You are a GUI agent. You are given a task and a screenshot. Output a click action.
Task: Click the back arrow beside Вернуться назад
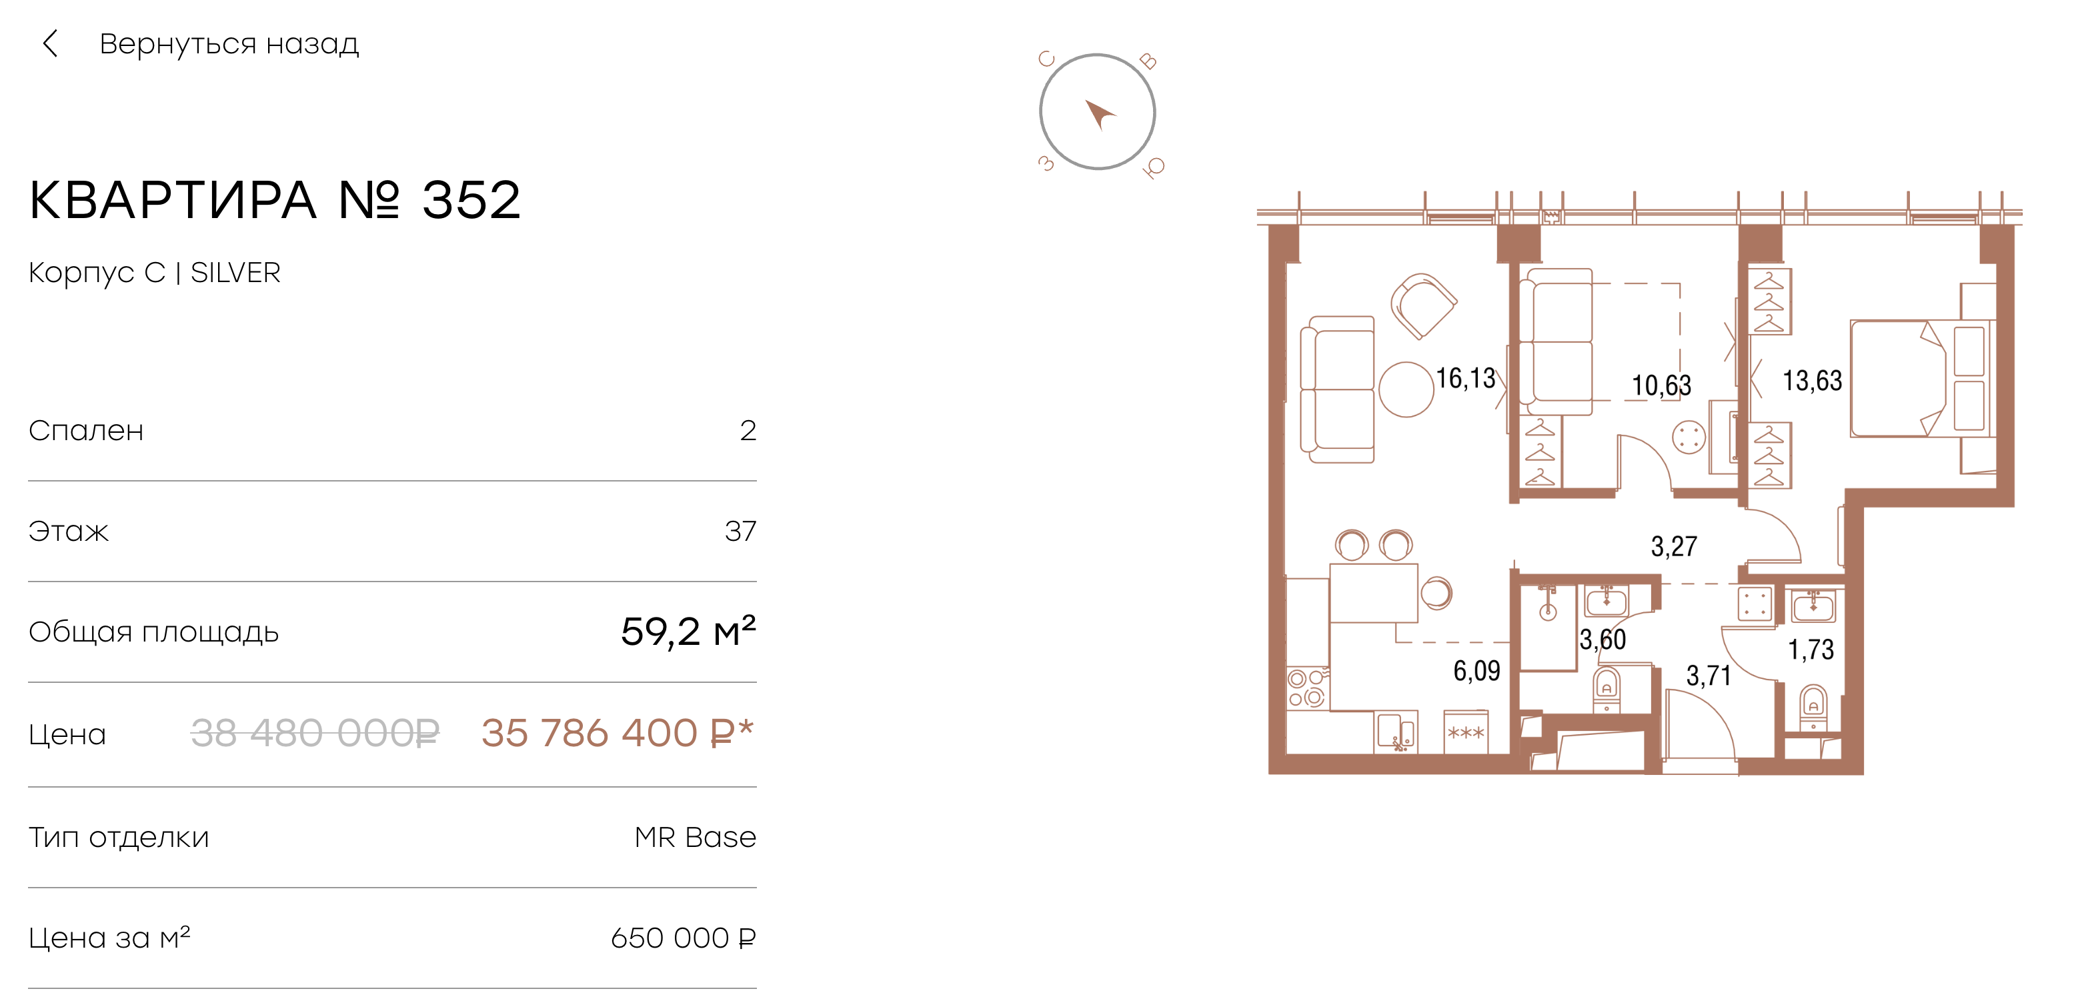pos(51,43)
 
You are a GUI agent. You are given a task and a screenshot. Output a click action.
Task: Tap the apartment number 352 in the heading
pos(471,200)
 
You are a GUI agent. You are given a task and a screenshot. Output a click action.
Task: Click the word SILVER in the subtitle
pos(235,272)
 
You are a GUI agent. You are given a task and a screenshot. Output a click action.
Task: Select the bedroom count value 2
pos(748,430)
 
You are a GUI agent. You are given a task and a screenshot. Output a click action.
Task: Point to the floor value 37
pos(740,531)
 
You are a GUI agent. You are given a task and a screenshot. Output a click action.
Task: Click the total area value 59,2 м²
pos(688,632)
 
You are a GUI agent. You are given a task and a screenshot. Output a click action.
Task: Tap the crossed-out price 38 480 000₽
pos(315,733)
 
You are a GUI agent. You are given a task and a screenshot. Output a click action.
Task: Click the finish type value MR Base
pos(695,836)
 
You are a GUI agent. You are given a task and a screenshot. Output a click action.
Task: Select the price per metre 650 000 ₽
pos(683,937)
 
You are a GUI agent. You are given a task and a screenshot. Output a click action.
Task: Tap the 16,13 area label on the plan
pos(1465,378)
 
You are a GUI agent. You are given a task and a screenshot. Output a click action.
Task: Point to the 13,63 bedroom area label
pos(1812,380)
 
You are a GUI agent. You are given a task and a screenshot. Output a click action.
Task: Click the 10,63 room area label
pos(1662,385)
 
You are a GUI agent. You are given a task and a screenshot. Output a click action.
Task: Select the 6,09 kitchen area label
pos(1476,670)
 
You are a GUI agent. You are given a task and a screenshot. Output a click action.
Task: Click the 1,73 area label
pos(1811,650)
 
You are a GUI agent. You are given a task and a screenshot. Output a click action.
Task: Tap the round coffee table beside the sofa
pos(1406,389)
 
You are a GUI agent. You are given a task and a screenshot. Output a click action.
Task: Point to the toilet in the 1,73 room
pos(1813,707)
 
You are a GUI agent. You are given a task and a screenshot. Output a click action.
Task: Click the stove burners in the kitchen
pos(1306,688)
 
